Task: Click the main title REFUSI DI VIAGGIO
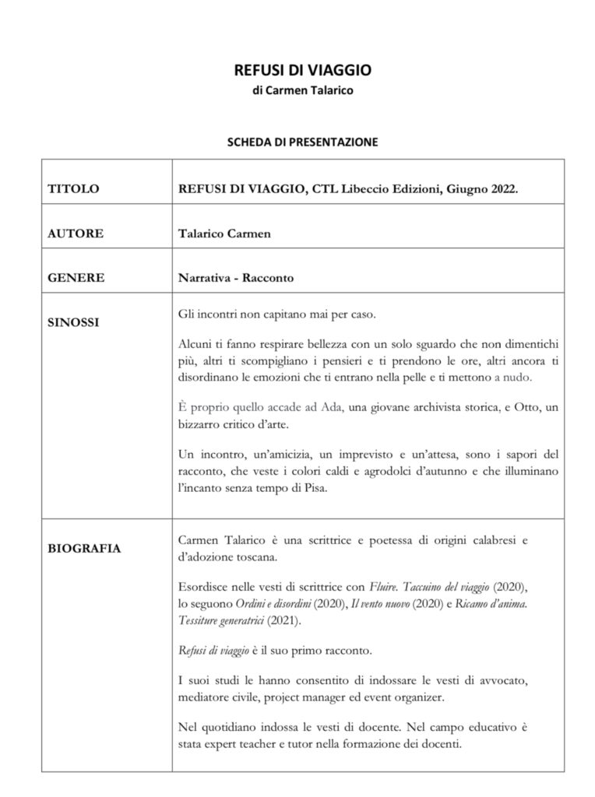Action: point(303,70)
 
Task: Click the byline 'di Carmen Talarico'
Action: point(303,91)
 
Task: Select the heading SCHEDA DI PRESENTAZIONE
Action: point(302,142)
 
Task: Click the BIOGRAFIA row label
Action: point(84,549)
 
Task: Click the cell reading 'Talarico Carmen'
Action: point(224,233)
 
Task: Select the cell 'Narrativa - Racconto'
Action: point(235,277)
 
